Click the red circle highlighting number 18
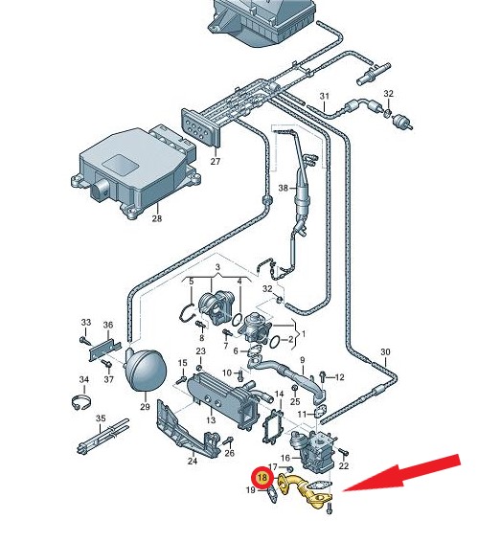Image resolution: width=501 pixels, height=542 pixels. (x=262, y=478)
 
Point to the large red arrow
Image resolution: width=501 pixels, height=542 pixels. (x=401, y=474)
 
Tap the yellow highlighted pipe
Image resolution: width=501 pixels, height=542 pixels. (x=305, y=488)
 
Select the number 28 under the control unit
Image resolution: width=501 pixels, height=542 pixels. (x=157, y=218)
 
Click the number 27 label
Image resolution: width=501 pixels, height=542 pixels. (x=216, y=162)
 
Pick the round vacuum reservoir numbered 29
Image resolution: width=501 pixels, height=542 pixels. (x=146, y=370)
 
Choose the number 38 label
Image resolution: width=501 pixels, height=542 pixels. (x=284, y=188)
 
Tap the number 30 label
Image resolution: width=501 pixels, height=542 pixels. (x=385, y=352)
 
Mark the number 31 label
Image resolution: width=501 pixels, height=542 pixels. (x=324, y=96)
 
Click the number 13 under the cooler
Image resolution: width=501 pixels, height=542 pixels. (x=211, y=420)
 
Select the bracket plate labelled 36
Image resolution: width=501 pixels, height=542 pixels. (x=105, y=350)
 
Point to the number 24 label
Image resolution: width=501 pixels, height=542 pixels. (x=193, y=461)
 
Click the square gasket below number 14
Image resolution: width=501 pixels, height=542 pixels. (x=273, y=427)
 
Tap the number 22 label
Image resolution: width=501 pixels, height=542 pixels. (x=343, y=466)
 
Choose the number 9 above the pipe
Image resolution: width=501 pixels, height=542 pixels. (x=302, y=360)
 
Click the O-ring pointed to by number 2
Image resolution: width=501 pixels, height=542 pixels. (x=274, y=342)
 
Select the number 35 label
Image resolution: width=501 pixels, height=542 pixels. (x=101, y=418)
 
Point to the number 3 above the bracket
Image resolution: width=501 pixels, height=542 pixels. (x=217, y=267)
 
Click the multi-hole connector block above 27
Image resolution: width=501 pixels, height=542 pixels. (x=200, y=126)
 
